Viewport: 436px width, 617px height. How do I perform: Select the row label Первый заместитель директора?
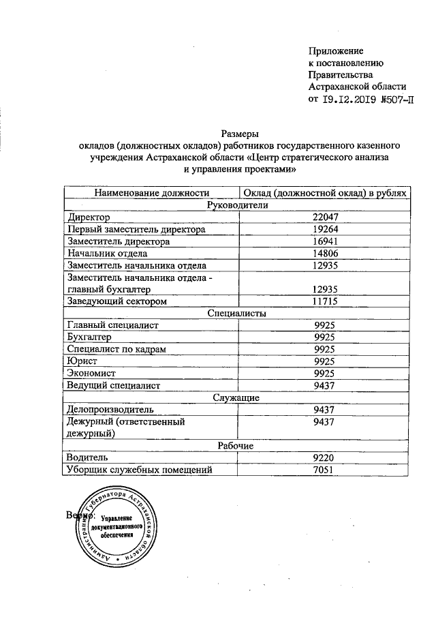pos(136,229)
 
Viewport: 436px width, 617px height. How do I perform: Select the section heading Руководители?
pos(236,205)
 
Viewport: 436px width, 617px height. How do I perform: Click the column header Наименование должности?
pos(151,193)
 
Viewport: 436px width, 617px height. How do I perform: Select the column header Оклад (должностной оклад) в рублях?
pos(325,193)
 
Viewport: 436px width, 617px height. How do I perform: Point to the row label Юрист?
pos(82,361)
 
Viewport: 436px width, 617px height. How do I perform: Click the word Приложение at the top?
pos(336,50)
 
